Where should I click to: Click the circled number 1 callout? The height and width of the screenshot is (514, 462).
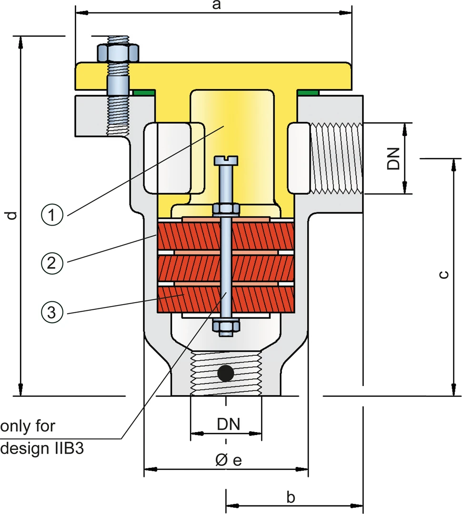pos(52,216)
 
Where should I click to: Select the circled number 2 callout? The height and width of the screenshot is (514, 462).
pos(52,263)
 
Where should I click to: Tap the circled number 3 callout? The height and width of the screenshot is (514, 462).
pos(52,312)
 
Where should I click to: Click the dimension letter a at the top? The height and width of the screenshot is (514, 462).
pos(217,5)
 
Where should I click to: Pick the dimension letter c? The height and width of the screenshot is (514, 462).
pos(443,274)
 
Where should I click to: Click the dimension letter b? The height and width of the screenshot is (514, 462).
pos(291,497)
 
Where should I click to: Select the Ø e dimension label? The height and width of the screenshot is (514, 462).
pos(229,460)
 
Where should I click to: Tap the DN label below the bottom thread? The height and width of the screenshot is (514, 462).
pos(228,424)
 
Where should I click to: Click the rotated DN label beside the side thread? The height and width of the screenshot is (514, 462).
pos(393,158)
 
